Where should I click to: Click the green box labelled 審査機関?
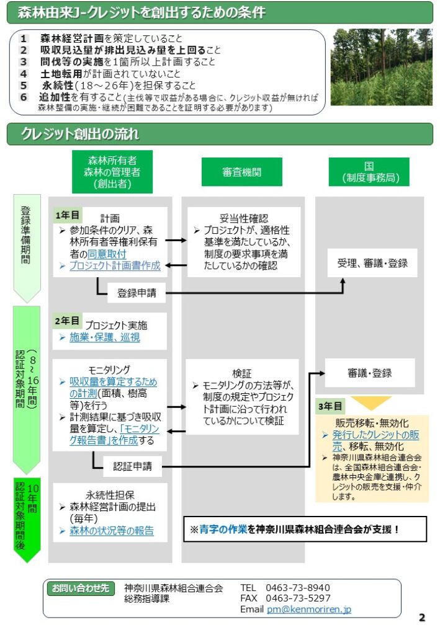(x=241, y=172)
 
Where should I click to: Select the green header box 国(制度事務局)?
(x=369, y=172)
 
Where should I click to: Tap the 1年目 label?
(x=67, y=215)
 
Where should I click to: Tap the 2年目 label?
(x=67, y=321)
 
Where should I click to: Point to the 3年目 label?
(x=330, y=406)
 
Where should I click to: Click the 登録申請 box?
(x=137, y=293)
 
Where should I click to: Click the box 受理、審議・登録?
(x=372, y=263)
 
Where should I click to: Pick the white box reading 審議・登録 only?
(x=370, y=373)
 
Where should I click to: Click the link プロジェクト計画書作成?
(x=114, y=265)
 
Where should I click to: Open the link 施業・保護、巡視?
(x=104, y=337)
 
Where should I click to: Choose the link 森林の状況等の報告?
(x=111, y=531)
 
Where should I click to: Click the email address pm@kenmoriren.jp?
(x=309, y=610)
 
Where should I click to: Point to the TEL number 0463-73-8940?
(x=298, y=587)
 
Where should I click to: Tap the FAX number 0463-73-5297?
(x=298, y=598)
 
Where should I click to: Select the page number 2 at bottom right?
(x=422, y=617)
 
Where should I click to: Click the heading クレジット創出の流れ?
(x=80, y=133)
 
